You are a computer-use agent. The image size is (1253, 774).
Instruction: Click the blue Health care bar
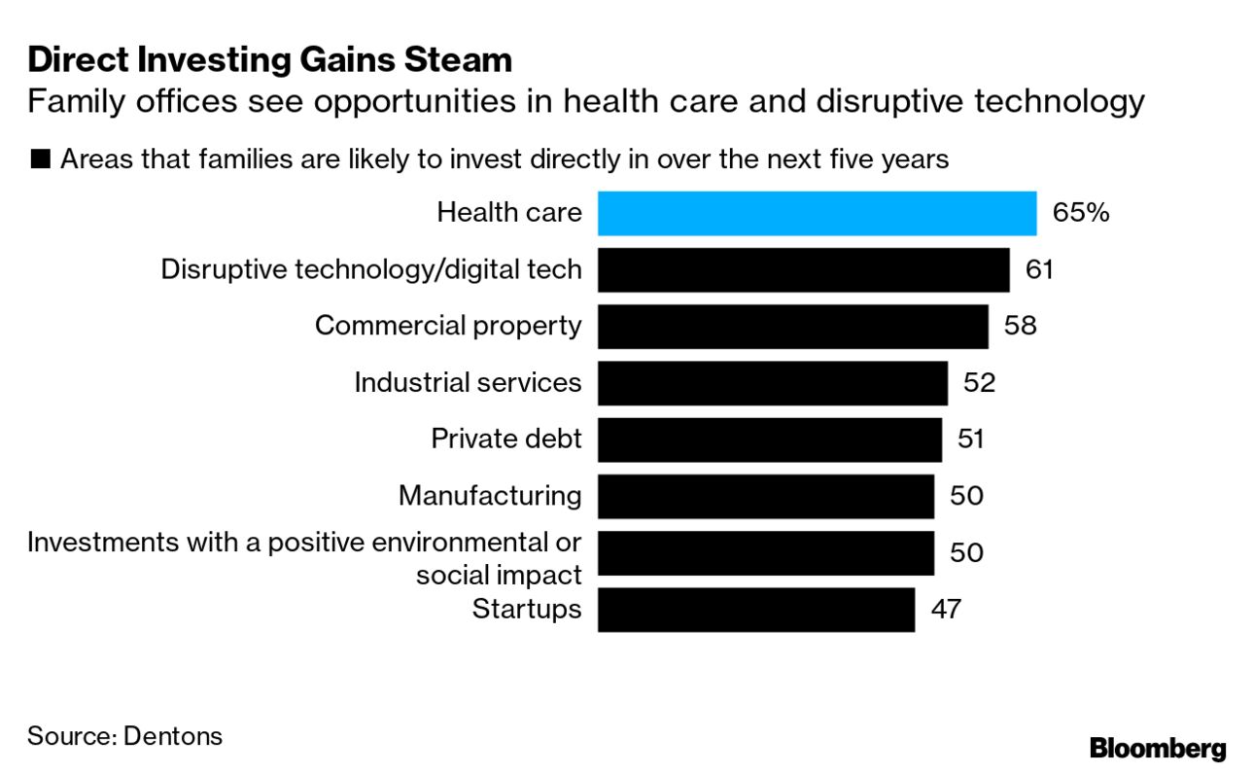[x=817, y=213]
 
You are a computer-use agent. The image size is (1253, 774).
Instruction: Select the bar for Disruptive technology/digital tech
[x=803, y=269]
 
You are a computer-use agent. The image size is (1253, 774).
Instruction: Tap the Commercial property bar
[x=792, y=326]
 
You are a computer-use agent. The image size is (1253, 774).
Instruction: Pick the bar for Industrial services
[x=772, y=382]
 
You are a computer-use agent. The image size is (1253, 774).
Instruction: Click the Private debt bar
[x=769, y=439]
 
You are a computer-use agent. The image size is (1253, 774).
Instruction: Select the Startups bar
[x=755, y=609]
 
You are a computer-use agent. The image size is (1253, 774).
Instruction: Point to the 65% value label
[x=1080, y=213]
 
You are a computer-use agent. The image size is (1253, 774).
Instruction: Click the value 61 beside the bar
[x=1039, y=269]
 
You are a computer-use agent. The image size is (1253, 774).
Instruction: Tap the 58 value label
[x=1020, y=326]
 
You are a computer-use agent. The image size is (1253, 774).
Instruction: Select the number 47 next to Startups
[x=946, y=609]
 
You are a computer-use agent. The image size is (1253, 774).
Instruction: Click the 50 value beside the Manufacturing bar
[x=965, y=496]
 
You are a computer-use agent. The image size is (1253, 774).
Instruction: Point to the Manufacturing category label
[x=490, y=496]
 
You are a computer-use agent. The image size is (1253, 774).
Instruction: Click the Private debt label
[x=506, y=439]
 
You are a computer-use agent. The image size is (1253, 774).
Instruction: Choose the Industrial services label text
[x=468, y=382]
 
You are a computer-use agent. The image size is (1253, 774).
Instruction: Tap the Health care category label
[x=509, y=213]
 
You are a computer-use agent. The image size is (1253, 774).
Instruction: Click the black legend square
[x=40, y=159]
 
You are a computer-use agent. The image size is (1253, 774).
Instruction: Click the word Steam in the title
[x=462, y=60]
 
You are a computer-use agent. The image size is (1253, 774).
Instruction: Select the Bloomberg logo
[x=1158, y=749]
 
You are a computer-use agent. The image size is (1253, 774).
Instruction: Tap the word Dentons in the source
[x=173, y=736]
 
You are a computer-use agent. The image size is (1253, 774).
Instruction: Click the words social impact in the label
[x=499, y=575]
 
